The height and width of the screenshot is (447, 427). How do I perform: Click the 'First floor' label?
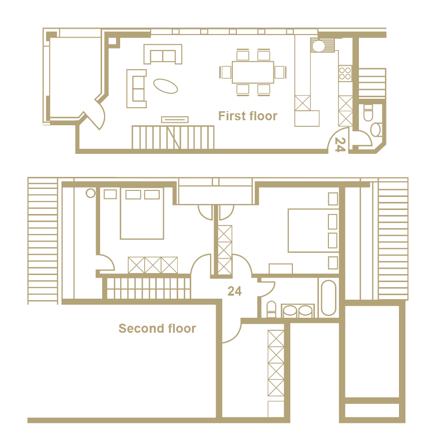click(248, 116)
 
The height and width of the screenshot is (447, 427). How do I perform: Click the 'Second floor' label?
click(157, 328)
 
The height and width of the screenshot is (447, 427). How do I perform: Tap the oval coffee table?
click(166, 86)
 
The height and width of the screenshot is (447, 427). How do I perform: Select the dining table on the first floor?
click(253, 72)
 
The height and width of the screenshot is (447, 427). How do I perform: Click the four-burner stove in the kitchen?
click(345, 73)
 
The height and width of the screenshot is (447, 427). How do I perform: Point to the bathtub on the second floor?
click(329, 298)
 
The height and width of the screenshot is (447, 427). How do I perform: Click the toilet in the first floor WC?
click(368, 113)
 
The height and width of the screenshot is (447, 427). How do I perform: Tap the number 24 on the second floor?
click(234, 291)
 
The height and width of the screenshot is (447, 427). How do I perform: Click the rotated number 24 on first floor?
click(340, 144)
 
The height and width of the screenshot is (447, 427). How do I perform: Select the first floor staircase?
click(173, 137)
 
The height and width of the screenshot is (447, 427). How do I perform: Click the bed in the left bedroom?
click(142, 213)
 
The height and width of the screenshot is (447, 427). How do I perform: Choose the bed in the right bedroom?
click(313, 231)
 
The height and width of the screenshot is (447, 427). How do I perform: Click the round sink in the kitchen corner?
click(319, 46)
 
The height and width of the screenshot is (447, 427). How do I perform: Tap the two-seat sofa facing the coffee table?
click(163, 54)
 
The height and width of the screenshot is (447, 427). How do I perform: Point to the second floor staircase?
click(146, 288)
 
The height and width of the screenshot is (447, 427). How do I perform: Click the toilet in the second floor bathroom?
click(271, 309)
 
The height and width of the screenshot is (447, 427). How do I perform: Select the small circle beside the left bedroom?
click(91, 193)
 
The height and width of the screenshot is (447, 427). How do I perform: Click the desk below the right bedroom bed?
click(281, 269)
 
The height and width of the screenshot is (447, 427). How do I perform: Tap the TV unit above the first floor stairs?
click(175, 119)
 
